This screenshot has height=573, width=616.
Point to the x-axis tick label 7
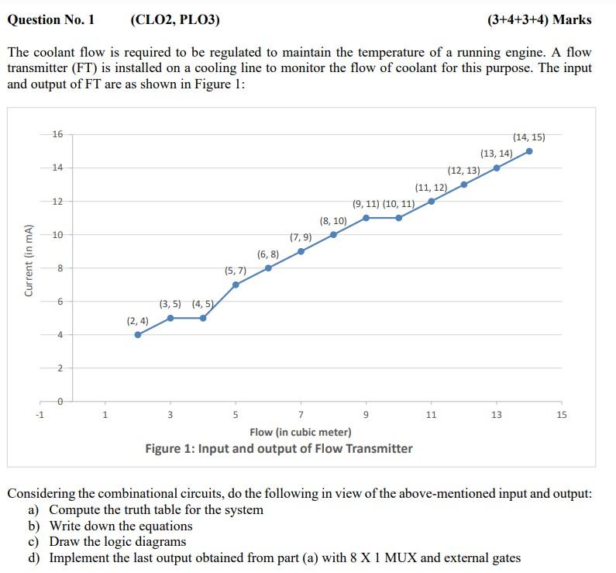[301, 415]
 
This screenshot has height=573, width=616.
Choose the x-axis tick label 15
[562, 415]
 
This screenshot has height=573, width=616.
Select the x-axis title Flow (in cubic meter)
[301, 432]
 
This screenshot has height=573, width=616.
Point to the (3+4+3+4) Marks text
[539, 19]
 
